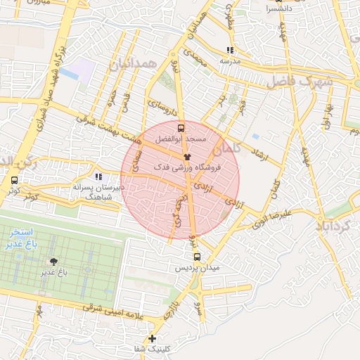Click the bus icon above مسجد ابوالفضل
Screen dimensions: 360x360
click(x=182, y=129)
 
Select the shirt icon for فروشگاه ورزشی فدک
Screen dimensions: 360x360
click(x=187, y=157)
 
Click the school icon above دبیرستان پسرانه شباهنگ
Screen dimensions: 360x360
click(x=98, y=176)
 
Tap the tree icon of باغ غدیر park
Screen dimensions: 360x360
click(x=54, y=259)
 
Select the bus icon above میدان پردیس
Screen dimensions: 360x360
click(x=198, y=257)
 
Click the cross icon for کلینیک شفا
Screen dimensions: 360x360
click(x=152, y=338)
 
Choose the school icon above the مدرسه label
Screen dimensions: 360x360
click(x=230, y=50)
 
